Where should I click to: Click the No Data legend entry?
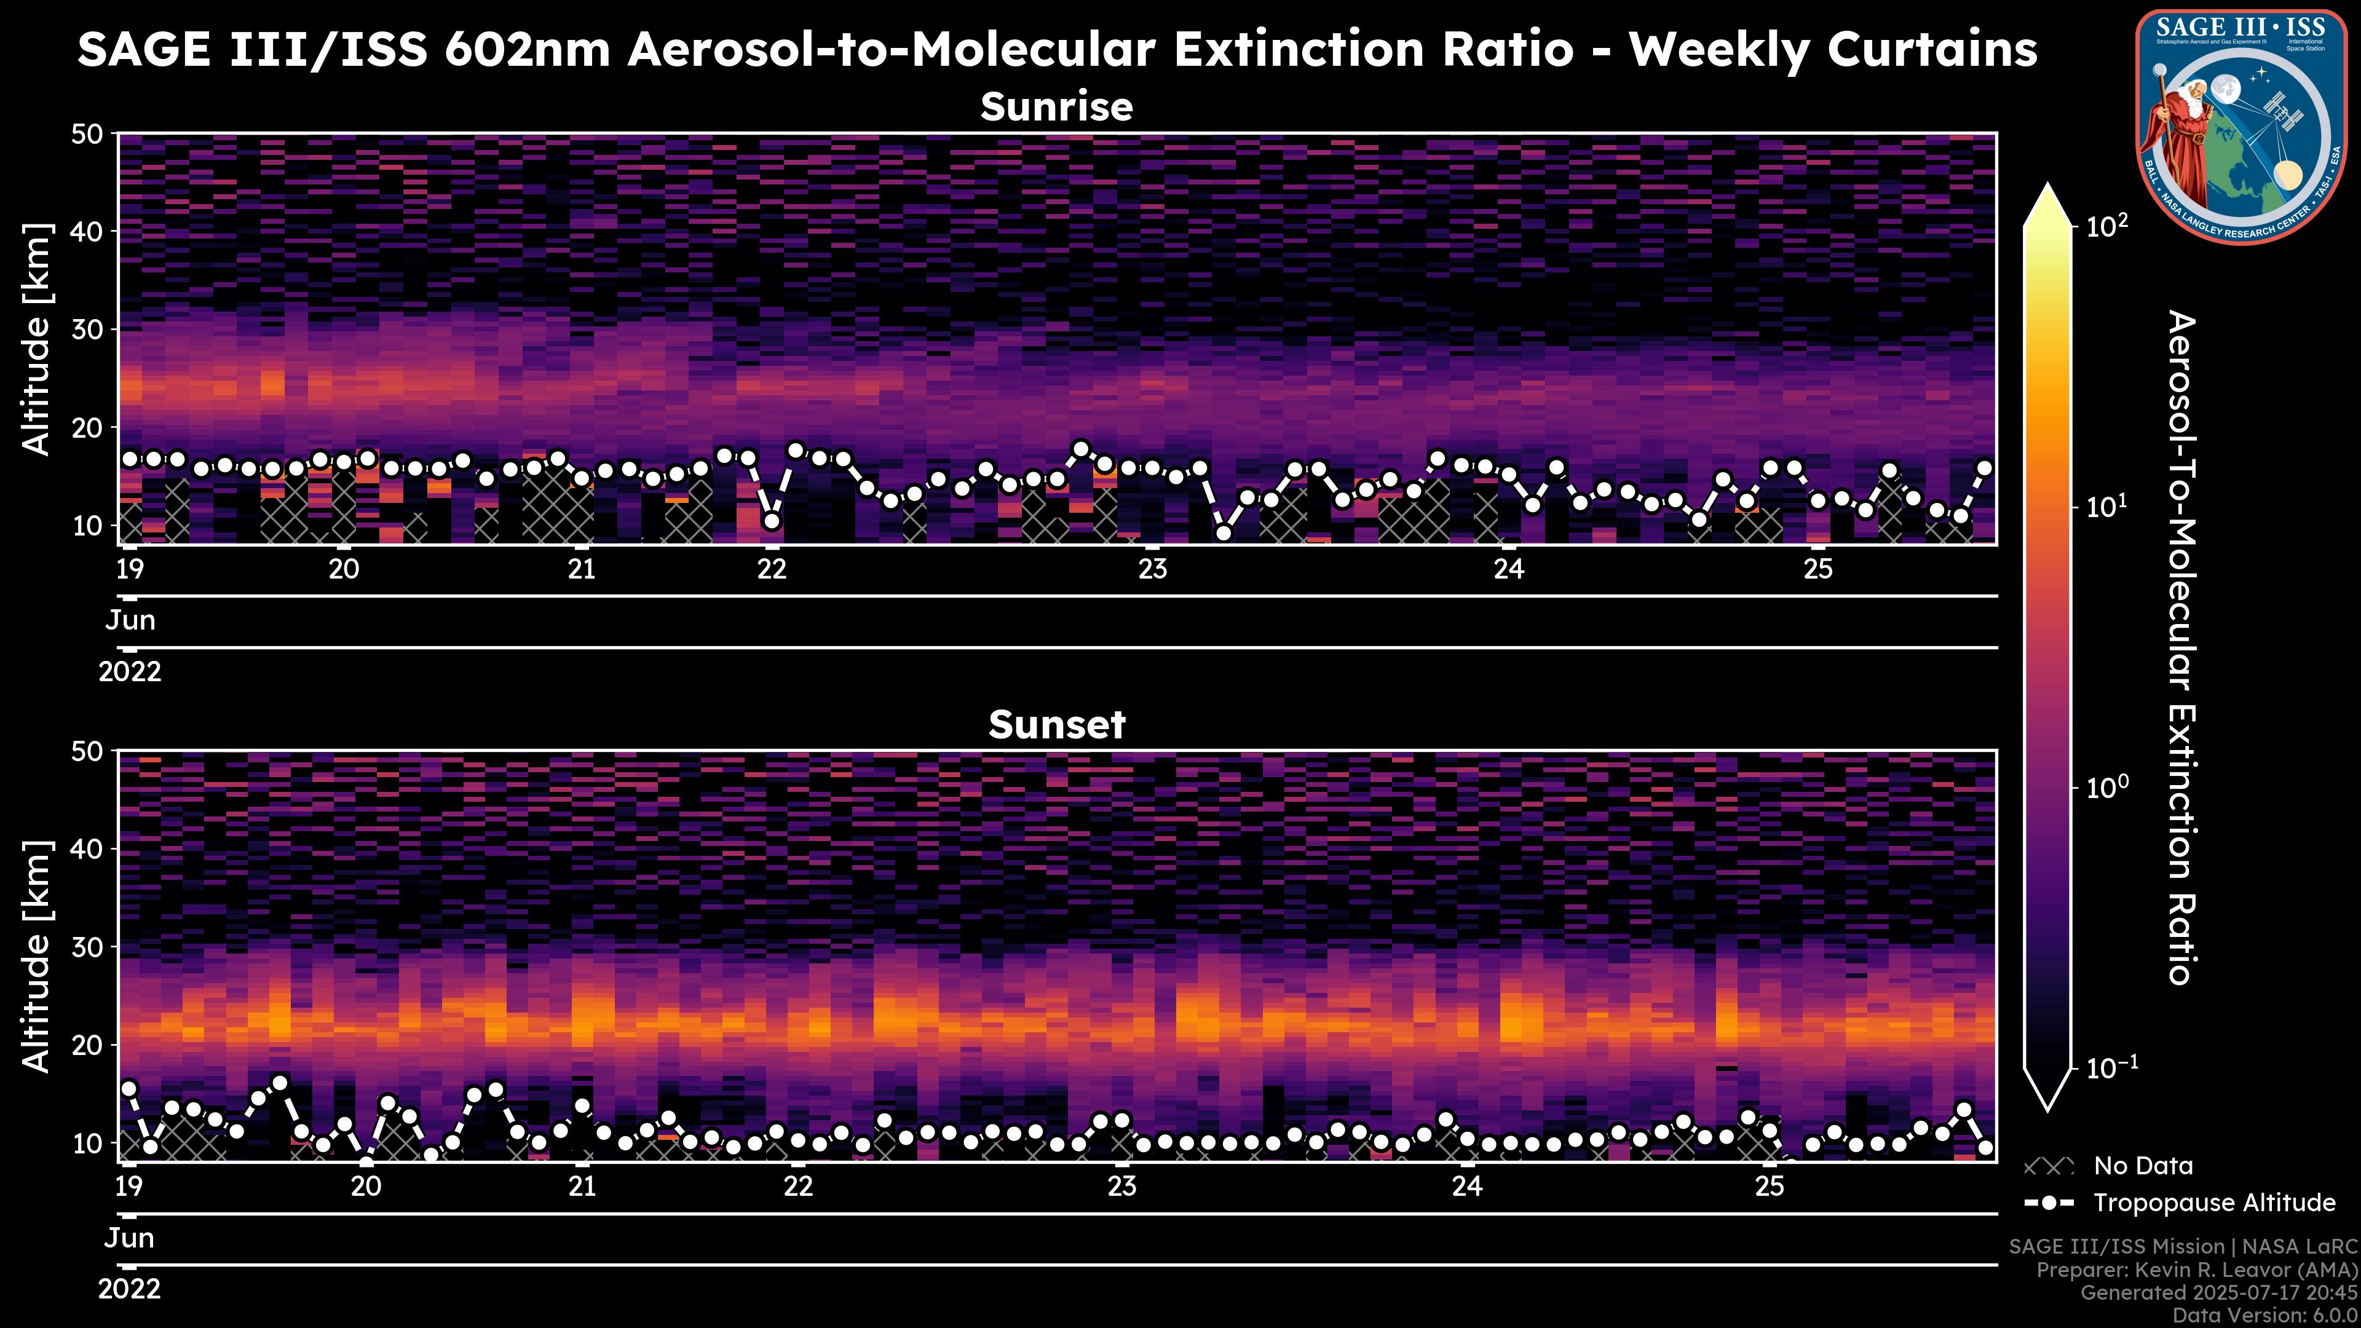point(2143,1166)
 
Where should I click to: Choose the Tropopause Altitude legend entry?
point(2213,1203)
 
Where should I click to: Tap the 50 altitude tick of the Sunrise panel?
point(90,135)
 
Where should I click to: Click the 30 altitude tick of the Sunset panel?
point(90,947)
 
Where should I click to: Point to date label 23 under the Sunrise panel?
point(1153,569)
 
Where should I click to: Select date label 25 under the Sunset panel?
point(1770,1187)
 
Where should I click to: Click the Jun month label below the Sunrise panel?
point(130,620)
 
